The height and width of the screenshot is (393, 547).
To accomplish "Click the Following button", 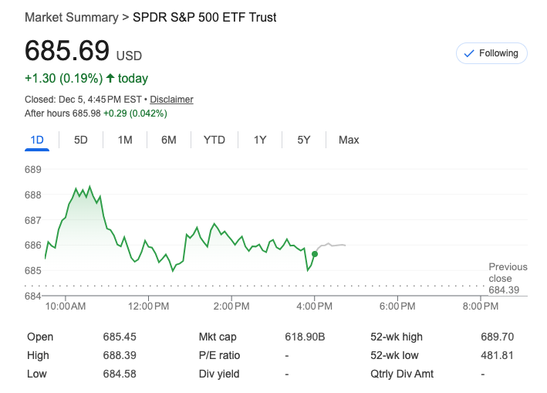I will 491,53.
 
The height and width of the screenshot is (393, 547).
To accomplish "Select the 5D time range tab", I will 81,140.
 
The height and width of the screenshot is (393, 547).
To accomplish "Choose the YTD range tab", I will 214,140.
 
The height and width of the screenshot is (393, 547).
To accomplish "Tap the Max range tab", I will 349,140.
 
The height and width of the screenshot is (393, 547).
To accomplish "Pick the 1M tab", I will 125,140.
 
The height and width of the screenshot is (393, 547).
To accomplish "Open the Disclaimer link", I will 171,100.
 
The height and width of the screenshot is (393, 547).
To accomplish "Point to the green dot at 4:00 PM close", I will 315,253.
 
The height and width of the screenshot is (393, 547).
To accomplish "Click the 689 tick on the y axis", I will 33,169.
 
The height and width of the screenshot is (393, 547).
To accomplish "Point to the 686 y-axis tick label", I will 33,246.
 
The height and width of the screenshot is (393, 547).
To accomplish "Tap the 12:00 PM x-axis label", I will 148,307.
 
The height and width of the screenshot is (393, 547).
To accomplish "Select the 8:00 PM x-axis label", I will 480,307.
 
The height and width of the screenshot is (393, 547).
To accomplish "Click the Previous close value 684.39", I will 504,290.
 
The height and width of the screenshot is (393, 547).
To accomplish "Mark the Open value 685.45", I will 120,337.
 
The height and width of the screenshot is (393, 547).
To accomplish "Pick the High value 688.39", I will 120,355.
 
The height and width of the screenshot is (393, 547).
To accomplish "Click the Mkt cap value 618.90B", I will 305,337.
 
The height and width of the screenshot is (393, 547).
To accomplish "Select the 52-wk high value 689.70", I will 497,337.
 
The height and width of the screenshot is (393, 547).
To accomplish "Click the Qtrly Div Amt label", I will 402,374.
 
